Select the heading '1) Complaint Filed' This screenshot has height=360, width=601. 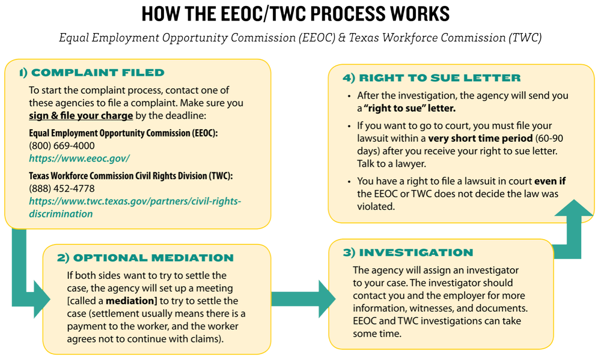(x=91, y=73)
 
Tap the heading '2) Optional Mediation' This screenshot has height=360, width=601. (x=145, y=258)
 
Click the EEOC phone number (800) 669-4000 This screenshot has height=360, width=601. (x=62, y=145)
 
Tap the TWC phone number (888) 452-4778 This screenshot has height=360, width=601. (x=62, y=188)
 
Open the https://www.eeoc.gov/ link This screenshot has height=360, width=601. (x=79, y=159)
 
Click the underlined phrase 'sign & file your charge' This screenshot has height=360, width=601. (x=81, y=114)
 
